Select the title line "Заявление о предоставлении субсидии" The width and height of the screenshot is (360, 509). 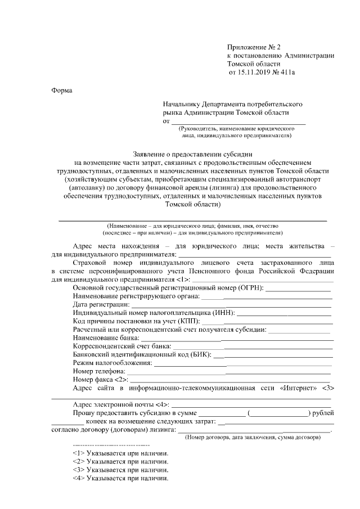click(193, 153)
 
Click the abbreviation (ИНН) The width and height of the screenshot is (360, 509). click(224, 312)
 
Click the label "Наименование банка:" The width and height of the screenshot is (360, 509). click(106, 337)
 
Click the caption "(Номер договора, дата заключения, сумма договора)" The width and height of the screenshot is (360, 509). click(253, 438)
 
